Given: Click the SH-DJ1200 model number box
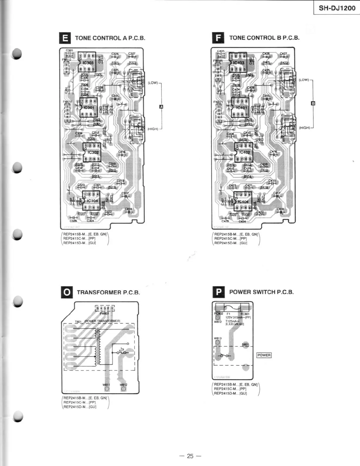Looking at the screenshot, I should [337, 8].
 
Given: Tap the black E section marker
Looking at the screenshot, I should [65, 38].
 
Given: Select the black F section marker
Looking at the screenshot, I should [218, 38].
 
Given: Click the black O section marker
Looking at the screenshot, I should [67, 292].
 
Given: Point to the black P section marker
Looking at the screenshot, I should [218, 292].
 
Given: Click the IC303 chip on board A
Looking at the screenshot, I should [87, 62].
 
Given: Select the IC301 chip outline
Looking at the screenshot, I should [88, 108].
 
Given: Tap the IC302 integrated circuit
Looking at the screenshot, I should [92, 152].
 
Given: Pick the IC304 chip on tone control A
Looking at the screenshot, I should [91, 201].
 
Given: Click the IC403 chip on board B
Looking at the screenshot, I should [238, 63].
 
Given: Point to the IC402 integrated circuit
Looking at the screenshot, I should [244, 152].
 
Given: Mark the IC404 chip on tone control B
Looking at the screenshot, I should [243, 202].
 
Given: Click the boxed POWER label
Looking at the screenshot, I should [264, 355].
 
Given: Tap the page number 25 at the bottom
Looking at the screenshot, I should [190, 456].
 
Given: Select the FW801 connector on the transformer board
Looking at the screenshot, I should [105, 309].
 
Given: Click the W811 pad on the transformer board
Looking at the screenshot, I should [107, 389].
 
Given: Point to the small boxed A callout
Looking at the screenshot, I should [161, 107].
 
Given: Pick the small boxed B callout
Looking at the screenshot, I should [313, 103].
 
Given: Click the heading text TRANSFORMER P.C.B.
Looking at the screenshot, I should [108, 292].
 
